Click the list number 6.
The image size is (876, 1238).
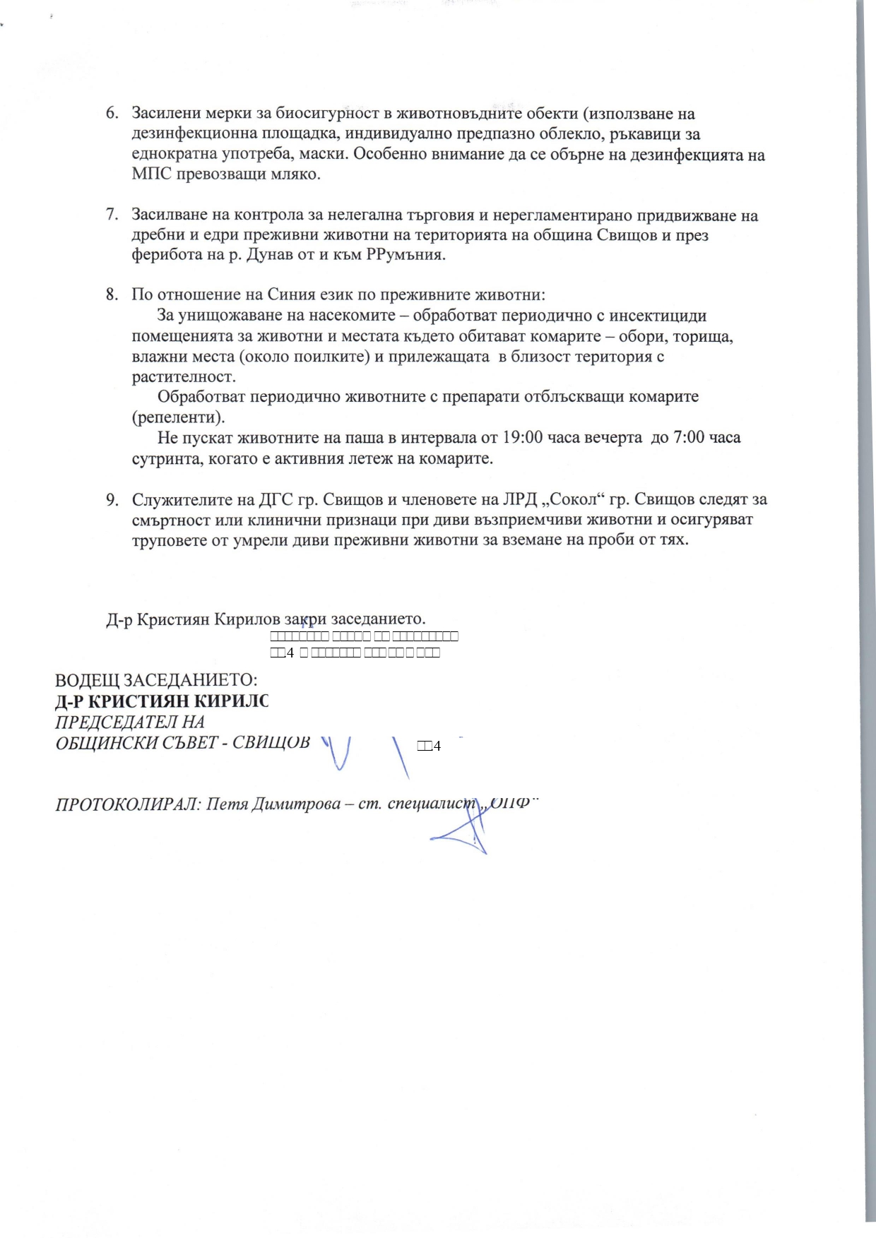click(x=112, y=114)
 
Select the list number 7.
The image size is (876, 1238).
click(x=112, y=215)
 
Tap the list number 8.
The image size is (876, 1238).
click(x=112, y=294)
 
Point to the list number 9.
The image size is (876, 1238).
click(x=112, y=500)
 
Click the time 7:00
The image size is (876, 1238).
click(x=689, y=438)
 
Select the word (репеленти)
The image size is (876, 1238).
click(x=178, y=417)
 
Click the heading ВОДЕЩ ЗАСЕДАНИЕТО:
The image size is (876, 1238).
click(x=156, y=681)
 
